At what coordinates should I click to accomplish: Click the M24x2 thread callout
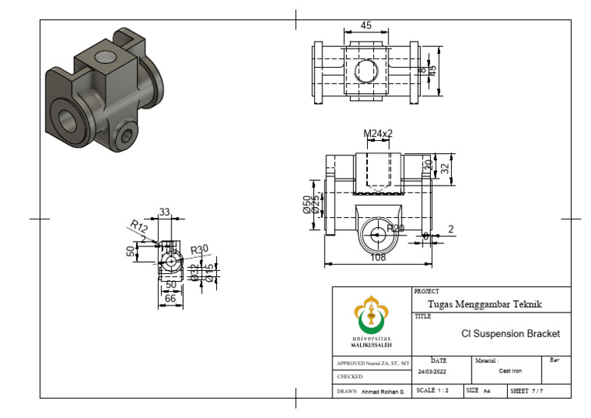(x=378, y=133)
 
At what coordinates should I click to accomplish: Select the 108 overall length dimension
(x=378, y=258)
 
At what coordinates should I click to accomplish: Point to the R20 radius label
(x=396, y=229)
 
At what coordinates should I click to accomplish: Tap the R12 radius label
(x=138, y=226)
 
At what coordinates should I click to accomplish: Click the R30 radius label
(x=199, y=249)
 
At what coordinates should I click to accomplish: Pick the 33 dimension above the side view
(x=164, y=212)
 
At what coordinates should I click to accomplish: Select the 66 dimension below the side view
(x=170, y=298)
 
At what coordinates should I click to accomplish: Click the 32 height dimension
(x=444, y=168)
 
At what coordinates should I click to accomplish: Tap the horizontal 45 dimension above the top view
(x=366, y=25)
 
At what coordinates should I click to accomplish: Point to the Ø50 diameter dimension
(x=307, y=206)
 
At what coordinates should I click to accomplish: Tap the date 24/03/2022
(x=432, y=371)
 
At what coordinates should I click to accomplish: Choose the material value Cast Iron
(x=510, y=371)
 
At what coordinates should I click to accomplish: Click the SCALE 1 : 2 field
(x=436, y=391)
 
